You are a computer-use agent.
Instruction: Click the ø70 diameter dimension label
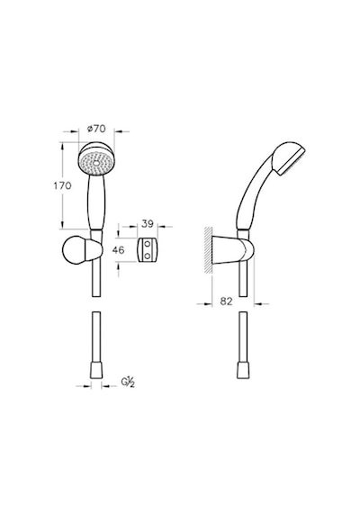pos(96,129)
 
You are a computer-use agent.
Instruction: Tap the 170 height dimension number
pos(62,185)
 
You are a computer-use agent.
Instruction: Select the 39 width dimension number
pos(148,224)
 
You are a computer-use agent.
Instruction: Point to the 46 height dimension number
pos(118,250)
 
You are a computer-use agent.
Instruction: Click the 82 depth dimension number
pos(226,301)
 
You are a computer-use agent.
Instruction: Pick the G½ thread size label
pos(128,382)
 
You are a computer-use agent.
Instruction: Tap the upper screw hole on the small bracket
pos(148,244)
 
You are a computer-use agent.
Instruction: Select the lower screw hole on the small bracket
pos(148,256)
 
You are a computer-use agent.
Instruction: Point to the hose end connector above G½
pos(96,371)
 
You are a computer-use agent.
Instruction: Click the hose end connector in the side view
pos(242,371)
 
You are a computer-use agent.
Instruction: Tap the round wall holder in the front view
pos(83,249)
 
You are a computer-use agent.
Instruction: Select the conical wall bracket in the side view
pos(233,249)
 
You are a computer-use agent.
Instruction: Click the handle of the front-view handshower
pos(96,202)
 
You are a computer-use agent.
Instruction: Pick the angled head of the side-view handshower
pos(290,158)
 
